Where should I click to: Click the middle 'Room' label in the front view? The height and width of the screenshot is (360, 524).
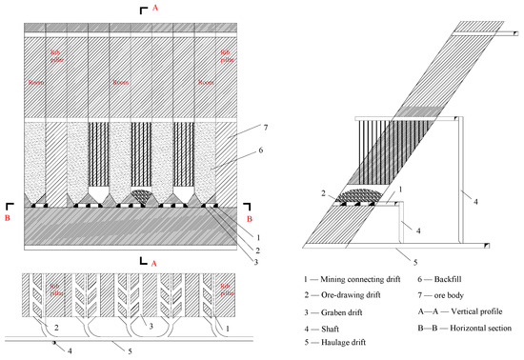(x=119, y=82)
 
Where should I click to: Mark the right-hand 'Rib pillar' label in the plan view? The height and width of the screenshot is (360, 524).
(x=226, y=288)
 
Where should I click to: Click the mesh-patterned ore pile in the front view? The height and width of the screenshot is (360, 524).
(x=139, y=195)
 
